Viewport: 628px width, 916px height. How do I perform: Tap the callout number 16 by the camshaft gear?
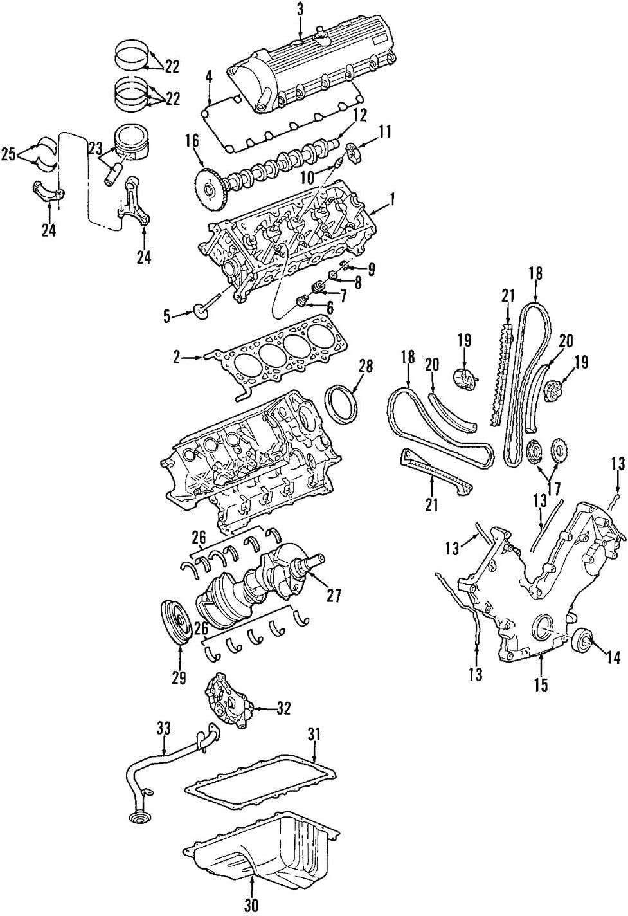tap(192, 142)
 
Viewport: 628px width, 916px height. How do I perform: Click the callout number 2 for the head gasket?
tap(177, 358)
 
